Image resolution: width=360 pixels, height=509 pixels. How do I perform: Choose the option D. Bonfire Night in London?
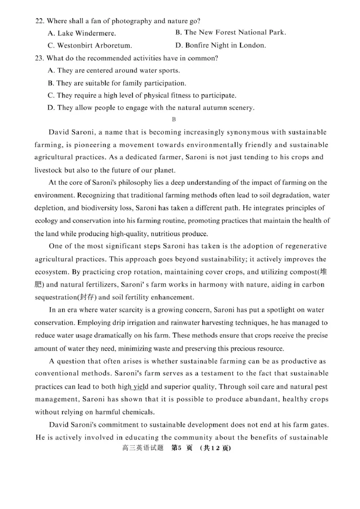tap(220, 45)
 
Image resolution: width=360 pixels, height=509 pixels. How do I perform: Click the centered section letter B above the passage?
tap(174, 119)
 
